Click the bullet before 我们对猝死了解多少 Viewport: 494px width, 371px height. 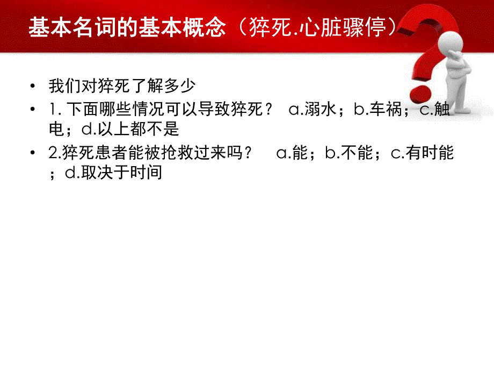pyautogui.click(x=34, y=86)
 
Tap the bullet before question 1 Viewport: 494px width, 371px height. pyautogui.click(x=34, y=110)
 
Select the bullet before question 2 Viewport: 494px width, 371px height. pyautogui.click(x=34, y=154)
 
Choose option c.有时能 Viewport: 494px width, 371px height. pyautogui.click(x=422, y=153)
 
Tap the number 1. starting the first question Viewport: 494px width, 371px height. pyautogui.click(x=55, y=110)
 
